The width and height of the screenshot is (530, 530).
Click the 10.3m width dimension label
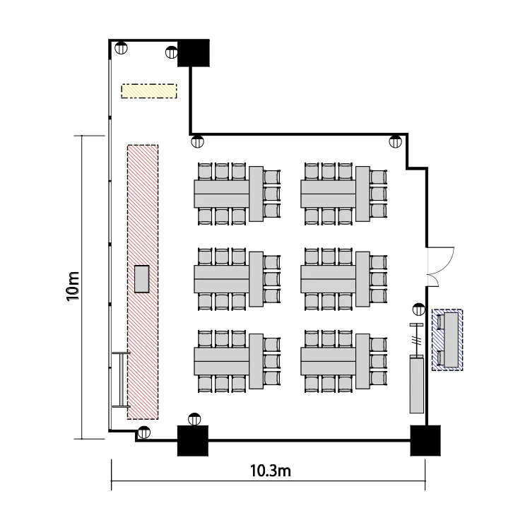(271, 471)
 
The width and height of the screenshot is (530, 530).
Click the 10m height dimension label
(73, 286)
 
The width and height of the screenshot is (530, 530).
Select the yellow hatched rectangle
(149, 91)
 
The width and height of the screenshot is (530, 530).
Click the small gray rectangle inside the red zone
(141, 279)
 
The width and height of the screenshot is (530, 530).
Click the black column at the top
(194, 53)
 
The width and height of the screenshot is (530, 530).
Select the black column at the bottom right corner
(425, 440)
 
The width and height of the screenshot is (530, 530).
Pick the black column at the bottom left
(193, 440)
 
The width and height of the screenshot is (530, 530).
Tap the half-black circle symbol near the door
(419, 310)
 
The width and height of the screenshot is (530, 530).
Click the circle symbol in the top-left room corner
(121, 48)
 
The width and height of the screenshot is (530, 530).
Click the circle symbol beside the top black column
(172, 52)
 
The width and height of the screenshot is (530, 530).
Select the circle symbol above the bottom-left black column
(194, 419)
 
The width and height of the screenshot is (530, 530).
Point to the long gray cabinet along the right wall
(417, 384)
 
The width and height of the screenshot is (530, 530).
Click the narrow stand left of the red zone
(121, 379)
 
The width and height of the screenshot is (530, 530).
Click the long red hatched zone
(143, 282)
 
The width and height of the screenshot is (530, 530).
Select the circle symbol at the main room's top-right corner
(395, 141)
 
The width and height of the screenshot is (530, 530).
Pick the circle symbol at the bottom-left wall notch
(144, 432)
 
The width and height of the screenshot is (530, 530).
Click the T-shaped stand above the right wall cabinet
(416, 339)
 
